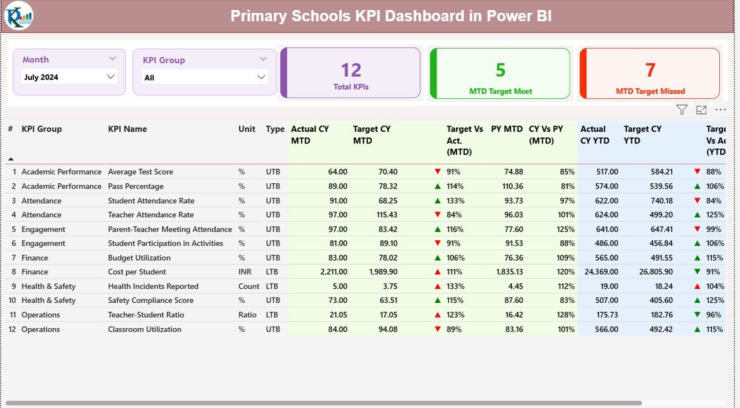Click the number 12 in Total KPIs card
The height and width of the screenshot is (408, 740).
[x=351, y=70]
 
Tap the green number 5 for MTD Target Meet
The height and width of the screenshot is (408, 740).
[x=500, y=70]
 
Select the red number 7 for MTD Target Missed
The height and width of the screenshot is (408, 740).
[x=650, y=70]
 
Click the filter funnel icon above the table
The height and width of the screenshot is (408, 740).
[x=682, y=110]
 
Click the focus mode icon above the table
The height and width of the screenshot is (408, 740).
[x=701, y=110]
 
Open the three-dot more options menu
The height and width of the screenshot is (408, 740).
[x=720, y=110]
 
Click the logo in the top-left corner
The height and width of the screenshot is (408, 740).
[x=18, y=16]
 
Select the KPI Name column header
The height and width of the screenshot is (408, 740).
[x=127, y=129]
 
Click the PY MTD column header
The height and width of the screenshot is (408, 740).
[x=506, y=129]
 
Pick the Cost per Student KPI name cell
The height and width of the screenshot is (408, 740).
[x=137, y=272]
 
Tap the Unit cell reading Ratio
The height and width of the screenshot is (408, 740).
[x=247, y=315]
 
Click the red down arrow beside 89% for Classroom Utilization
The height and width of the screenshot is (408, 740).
[x=438, y=329]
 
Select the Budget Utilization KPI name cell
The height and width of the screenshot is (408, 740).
[x=139, y=258]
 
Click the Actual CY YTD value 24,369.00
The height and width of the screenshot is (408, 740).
[x=598, y=272]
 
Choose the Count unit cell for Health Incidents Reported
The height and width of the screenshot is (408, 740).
[x=249, y=286]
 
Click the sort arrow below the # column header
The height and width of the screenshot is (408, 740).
[x=10, y=159]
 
